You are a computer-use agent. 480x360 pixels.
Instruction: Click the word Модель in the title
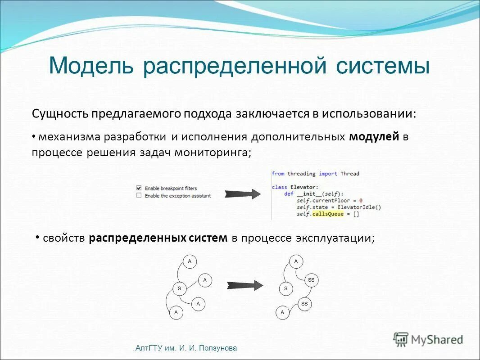[x=91, y=66]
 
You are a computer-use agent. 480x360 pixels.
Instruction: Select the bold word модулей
[x=374, y=137]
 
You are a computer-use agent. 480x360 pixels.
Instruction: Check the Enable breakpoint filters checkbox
[x=139, y=188]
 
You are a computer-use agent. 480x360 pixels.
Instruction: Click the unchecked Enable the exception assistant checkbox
[x=139, y=196]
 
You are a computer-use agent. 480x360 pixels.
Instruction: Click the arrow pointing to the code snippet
[x=243, y=194]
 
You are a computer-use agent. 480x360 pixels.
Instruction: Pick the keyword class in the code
[x=279, y=187]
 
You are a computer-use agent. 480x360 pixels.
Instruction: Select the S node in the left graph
[x=179, y=288]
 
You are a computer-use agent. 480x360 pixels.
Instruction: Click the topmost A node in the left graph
[x=190, y=261]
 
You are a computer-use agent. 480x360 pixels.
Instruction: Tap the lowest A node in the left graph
[x=176, y=312]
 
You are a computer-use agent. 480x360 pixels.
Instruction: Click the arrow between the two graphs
[x=245, y=286]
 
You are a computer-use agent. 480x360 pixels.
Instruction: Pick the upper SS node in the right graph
[x=311, y=280]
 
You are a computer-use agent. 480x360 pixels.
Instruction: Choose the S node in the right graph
[x=285, y=288]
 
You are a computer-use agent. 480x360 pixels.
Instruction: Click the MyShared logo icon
[x=400, y=339]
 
